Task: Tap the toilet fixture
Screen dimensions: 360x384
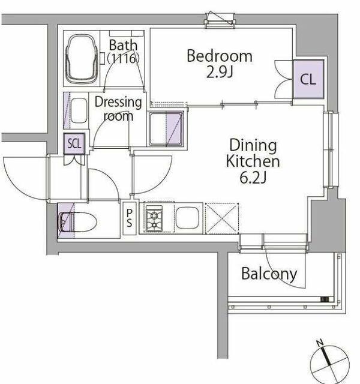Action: (x=78, y=222)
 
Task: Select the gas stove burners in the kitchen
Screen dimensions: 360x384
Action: (x=154, y=218)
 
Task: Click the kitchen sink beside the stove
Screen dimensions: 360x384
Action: (x=187, y=218)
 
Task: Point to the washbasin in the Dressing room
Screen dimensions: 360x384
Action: (x=79, y=110)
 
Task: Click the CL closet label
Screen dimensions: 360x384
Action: (x=308, y=79)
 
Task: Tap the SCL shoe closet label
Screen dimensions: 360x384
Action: (x=74, y=143)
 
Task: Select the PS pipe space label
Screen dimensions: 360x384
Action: (x=130, y=218)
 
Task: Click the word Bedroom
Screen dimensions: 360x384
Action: (x=220, y=56)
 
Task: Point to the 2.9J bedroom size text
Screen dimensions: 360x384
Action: (x=219, y=72)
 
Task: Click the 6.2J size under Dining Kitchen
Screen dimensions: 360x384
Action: (x=253, y=178)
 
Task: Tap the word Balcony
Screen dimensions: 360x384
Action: (x=269, y=274)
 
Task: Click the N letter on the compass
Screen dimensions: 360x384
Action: (x=320, y=343)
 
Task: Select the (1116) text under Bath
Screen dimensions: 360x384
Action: (x=124, y=58)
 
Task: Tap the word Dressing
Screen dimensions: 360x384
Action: (x=118, y=103)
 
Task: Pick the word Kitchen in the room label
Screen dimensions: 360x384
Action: (x=253, y=161)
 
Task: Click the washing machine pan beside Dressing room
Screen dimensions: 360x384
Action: (x=166, y=128)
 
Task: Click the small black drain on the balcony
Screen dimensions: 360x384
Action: (x=325, y=299)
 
